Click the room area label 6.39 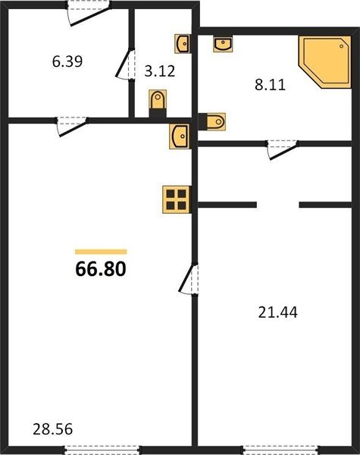click(67, 61)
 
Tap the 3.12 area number click(160, 71)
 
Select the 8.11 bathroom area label click(270, 85)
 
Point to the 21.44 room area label click(277, 312)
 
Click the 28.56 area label click(52, 429)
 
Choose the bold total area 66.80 click(101, 269)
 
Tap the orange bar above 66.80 click(101, 252)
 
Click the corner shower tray click(325, 62)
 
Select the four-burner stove click(177, 199)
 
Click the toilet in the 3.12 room click(158, 103)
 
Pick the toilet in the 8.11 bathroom click(212, 121)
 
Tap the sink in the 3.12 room click(182, 44)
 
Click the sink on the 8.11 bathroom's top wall click(223, 45)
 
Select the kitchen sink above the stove click(180, 136)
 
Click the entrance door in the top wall click(89, 13)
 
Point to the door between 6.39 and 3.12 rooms click(125, 64)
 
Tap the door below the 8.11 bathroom click(283, 149)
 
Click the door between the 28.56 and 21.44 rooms click(188, 279)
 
